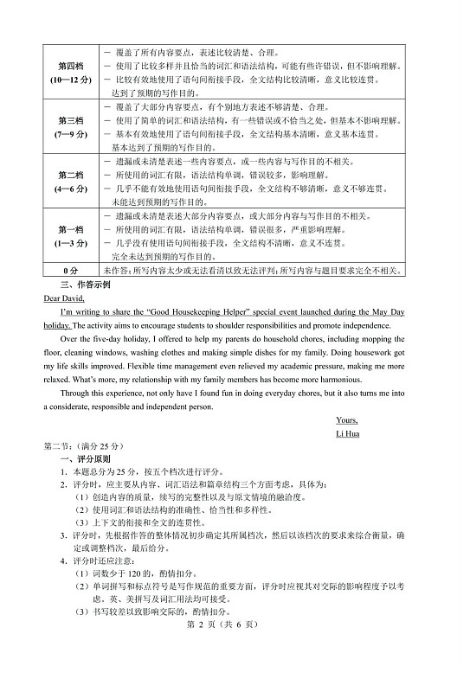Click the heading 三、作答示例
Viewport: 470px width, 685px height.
tap(85, 284)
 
